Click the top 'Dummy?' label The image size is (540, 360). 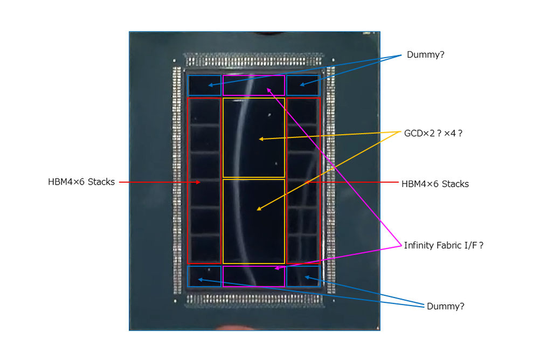point(425,55)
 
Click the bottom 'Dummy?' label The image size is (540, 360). point(445,306)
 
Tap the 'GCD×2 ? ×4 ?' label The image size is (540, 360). point(433,133)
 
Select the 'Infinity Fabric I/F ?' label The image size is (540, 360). point(444,245)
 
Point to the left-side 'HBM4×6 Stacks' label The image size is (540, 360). point(81,182)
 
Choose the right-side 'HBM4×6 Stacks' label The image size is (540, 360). point(435,184)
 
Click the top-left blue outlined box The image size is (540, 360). point(188,85)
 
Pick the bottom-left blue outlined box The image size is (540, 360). point(188,276)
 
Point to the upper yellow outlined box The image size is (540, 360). point(223,138)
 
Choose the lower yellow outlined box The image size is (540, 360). point(223,221)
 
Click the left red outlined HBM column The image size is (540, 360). point(188,181)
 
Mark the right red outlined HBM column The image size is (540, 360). point(320,181)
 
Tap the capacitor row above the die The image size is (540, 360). point(254,61)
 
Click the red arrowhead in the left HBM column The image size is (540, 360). point(198,182)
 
